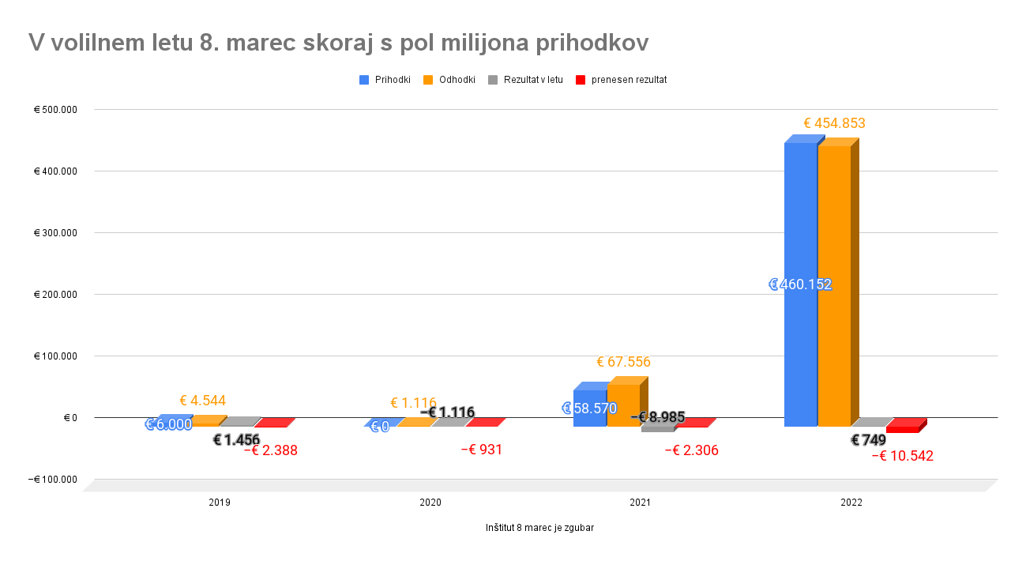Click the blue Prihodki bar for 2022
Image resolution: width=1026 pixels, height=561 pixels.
pyautogui.click(x=799, y=237)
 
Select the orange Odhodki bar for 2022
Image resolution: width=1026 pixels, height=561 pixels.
pyautogui.click(x=833, y=237)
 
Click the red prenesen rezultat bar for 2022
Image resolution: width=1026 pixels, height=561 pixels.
pyautogui.click(x=902, y=429)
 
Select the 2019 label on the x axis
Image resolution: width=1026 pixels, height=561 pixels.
pyautogui.click(x=220, y=503)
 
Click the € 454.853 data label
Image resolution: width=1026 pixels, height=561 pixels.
pyautogui.click(x=834, y=123)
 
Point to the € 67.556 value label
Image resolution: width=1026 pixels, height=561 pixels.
pyautogui.click(x=623, y=362)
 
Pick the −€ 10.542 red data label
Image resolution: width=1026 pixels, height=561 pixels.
pyautogui.click(x=902, y=456)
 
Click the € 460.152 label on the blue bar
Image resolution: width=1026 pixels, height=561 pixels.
pyautogui.click(x=800, y=284)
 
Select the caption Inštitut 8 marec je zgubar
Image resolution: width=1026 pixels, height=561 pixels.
pyautogui.click(x=539, y=528)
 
